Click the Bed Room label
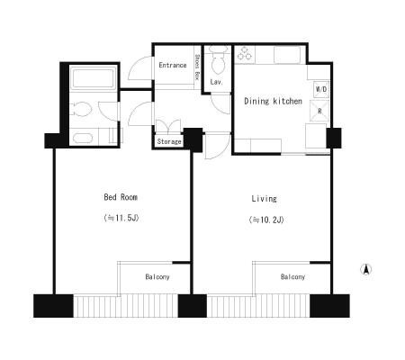point(121,197)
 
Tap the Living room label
point(264,199)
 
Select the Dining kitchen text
point(273,101)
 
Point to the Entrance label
point(173,65)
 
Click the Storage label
point(169,141)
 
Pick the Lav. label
point(216,82)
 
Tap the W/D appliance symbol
point(321,89)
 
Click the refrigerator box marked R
point(319,111)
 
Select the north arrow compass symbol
point(366,269)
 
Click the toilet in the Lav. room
point(218,60)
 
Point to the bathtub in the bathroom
point(94,78)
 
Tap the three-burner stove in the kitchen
point(245,53)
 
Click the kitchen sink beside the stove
point(287,54)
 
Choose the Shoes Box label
point(197,67)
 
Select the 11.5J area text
point(121,218)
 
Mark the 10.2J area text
point(266,220)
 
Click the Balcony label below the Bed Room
point(157,276)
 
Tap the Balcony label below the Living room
point(292,276)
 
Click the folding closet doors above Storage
point(168,127)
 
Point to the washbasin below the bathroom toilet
point(83,139)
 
